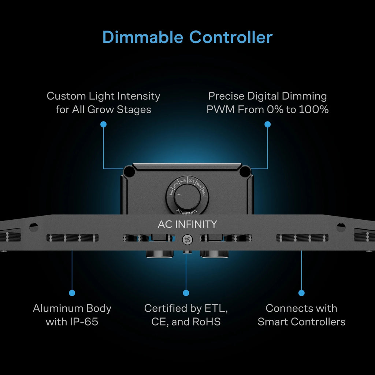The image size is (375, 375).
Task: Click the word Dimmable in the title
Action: (143, 37)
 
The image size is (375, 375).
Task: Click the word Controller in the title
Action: (231, 37)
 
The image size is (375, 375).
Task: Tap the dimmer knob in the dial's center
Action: (187, 197)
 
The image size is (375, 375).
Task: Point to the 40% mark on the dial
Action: (183, 181)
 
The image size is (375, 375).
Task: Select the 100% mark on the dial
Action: (203, 193)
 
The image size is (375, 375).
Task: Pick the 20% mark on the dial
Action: (175, 185)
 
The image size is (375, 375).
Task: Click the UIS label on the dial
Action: (171, 192)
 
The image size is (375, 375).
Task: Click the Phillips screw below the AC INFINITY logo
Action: (187, 240)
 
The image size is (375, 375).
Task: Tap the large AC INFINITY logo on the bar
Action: (187, 224)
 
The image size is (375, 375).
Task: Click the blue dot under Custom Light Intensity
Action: (103, 125)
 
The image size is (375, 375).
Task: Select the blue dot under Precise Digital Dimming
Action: (267, 125)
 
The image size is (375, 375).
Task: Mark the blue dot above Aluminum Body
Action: (72, 293)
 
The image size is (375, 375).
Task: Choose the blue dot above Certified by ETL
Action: (186, 293)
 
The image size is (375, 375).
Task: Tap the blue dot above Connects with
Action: (301, 293)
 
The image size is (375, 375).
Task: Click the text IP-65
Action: (84, 322)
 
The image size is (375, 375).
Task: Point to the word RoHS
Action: (207, 322)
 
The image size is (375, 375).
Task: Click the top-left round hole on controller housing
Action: (129, 171)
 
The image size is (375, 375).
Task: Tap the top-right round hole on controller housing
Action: (245, 171)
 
